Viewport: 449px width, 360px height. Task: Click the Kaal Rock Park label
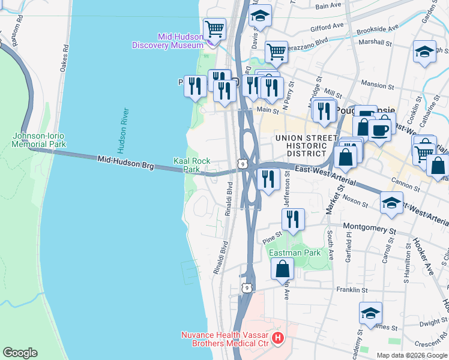[191, 165]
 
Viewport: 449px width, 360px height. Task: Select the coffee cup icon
[379, 130]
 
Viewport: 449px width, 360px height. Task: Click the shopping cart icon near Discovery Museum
[214, 28]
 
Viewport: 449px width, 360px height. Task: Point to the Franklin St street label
[352, 290]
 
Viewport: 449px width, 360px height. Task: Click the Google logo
[20, 353]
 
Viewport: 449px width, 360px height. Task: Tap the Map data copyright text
[412, 355]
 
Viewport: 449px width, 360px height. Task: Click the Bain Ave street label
[328, 6]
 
